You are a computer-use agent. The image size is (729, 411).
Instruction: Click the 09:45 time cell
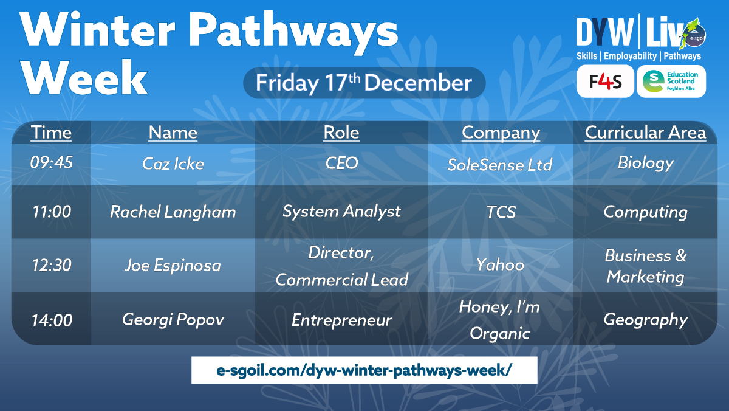click(x=51, y=164)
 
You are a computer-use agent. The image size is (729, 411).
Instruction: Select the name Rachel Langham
click(x=173, y=212)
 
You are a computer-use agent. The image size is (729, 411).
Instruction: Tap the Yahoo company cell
click(x=500, y=265)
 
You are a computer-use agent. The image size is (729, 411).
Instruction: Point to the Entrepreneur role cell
click(x=341, y=320)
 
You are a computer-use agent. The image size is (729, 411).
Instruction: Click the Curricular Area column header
click(x=645, y=133)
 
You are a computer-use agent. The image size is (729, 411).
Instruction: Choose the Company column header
click(x=500, y=133)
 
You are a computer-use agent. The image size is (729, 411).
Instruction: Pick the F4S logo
click(x=605, y=81)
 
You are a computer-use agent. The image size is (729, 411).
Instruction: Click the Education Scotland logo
click(x=671, y=81)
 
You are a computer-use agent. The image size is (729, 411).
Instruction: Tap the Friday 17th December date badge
click(x=364, y=83)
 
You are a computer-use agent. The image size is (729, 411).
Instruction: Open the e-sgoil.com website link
click(x=364, y=370)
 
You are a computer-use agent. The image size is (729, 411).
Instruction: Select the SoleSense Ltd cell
click(x=500, y=164)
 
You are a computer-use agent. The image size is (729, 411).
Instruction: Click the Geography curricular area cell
click(x=645, y=320)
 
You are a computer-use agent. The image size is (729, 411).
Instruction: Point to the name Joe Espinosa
click(x=173, y=265)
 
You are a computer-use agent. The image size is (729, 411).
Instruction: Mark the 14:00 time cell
click(x=51, y=320)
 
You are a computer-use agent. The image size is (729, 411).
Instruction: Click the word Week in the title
click(x=88, y=78)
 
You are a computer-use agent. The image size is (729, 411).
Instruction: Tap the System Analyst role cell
click(x=341, y=212)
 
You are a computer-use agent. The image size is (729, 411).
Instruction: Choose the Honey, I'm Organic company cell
click(x=500, y=320)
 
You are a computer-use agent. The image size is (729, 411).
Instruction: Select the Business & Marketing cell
click(x=645, y=266)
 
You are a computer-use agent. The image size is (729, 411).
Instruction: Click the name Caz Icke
click(x=173, y=164)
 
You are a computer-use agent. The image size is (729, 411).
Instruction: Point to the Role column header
click(x=341, y=133)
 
